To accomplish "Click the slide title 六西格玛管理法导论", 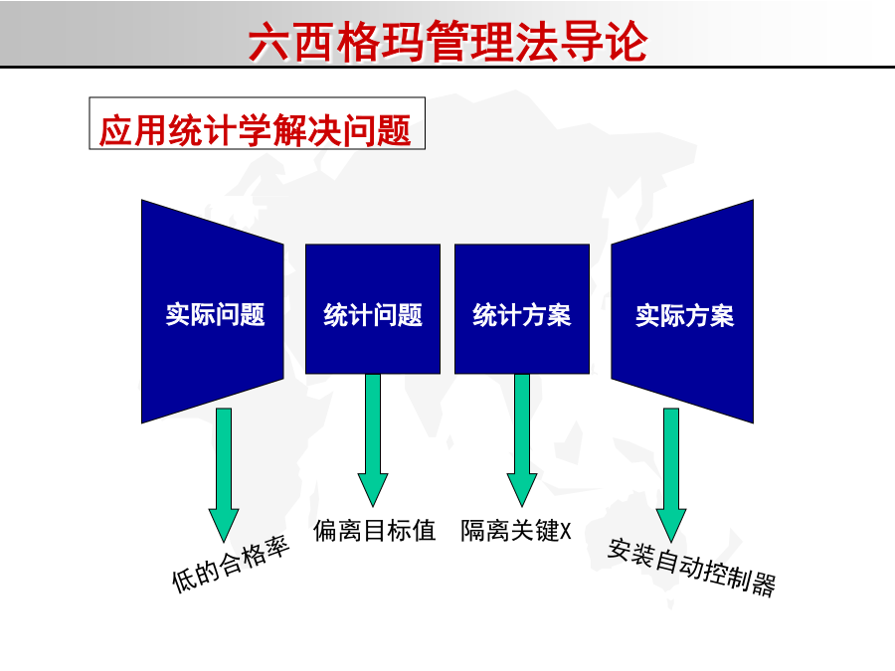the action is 448,41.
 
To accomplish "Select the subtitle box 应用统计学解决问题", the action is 257,123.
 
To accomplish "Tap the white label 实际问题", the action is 215,315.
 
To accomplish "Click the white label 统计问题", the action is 373,315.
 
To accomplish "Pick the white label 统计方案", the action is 522,315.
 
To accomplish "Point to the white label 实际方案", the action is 684,315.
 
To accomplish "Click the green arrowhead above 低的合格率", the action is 224,525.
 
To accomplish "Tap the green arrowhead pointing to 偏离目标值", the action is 373,489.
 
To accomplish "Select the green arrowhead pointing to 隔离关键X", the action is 522,489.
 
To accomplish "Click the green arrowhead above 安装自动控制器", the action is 671,525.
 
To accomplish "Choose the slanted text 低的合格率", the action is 231,565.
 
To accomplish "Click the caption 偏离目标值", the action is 375,531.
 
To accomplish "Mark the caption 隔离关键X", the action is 516,531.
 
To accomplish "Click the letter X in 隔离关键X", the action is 565,531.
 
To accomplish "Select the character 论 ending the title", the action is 626,42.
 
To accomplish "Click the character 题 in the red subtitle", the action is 395,130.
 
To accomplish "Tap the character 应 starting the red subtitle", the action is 116,130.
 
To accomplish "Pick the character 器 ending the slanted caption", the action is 763,586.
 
